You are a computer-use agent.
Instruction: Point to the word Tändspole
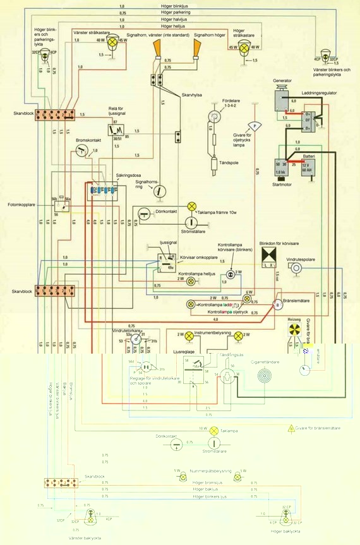point(228,162)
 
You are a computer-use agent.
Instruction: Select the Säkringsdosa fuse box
point(103,189)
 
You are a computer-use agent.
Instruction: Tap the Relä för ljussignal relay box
point(115,131)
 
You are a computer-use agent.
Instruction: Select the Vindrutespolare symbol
point(296,268)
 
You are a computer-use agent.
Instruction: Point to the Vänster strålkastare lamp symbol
point(114,42)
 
